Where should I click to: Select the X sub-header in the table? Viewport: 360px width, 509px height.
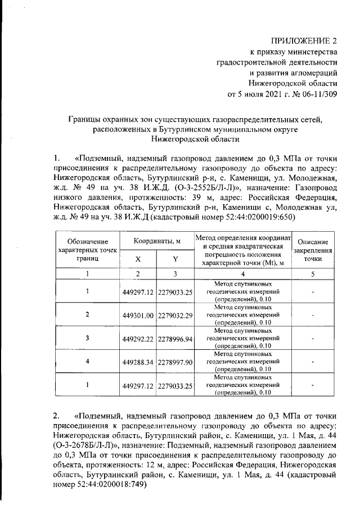[138, 259]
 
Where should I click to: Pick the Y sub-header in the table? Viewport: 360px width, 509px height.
[175, 259]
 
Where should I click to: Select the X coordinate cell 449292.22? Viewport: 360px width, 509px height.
[138, 339]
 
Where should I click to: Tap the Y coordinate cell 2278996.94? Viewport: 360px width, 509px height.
[175, 339]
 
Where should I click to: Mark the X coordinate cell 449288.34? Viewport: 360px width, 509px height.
[138, 363]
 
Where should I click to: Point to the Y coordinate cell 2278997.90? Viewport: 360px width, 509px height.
[175, 363]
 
